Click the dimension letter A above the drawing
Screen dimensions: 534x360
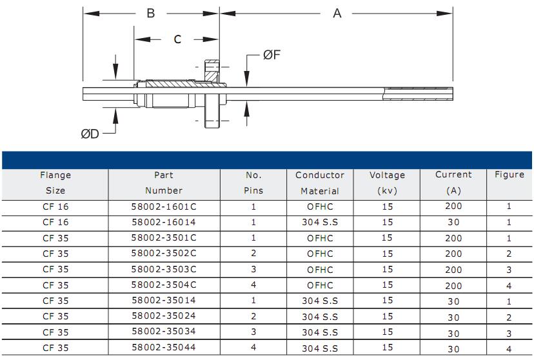tap(337, 14)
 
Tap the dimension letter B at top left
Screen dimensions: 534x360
tap(150, 14)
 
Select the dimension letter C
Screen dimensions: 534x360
tap(177, 39)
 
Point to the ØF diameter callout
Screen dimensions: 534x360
tap(272, 54)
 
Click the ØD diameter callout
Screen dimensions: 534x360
tap(90, 134)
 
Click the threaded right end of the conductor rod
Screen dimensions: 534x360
tap(418, 94)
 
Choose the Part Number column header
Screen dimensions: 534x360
tap(164, 183)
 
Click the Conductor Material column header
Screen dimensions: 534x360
tap(320, 183)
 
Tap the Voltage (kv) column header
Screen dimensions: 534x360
tap(387, 183)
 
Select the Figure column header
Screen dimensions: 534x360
tap(509, 175)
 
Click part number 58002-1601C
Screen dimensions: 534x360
tap(164, 206)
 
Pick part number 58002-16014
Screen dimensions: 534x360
tap(164, 223)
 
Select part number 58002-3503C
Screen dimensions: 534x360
tap(164, 270)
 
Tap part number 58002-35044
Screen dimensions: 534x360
tap(164, 347)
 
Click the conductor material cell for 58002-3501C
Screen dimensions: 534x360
tap(320, 238)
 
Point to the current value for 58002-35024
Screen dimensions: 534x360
tap(453, 317)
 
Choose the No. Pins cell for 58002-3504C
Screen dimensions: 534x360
tap(253, 285)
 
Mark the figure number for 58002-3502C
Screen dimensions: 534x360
tap(509, 254)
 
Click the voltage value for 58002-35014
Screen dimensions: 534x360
tap(387, 301)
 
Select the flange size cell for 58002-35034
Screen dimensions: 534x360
tap(55, 332)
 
